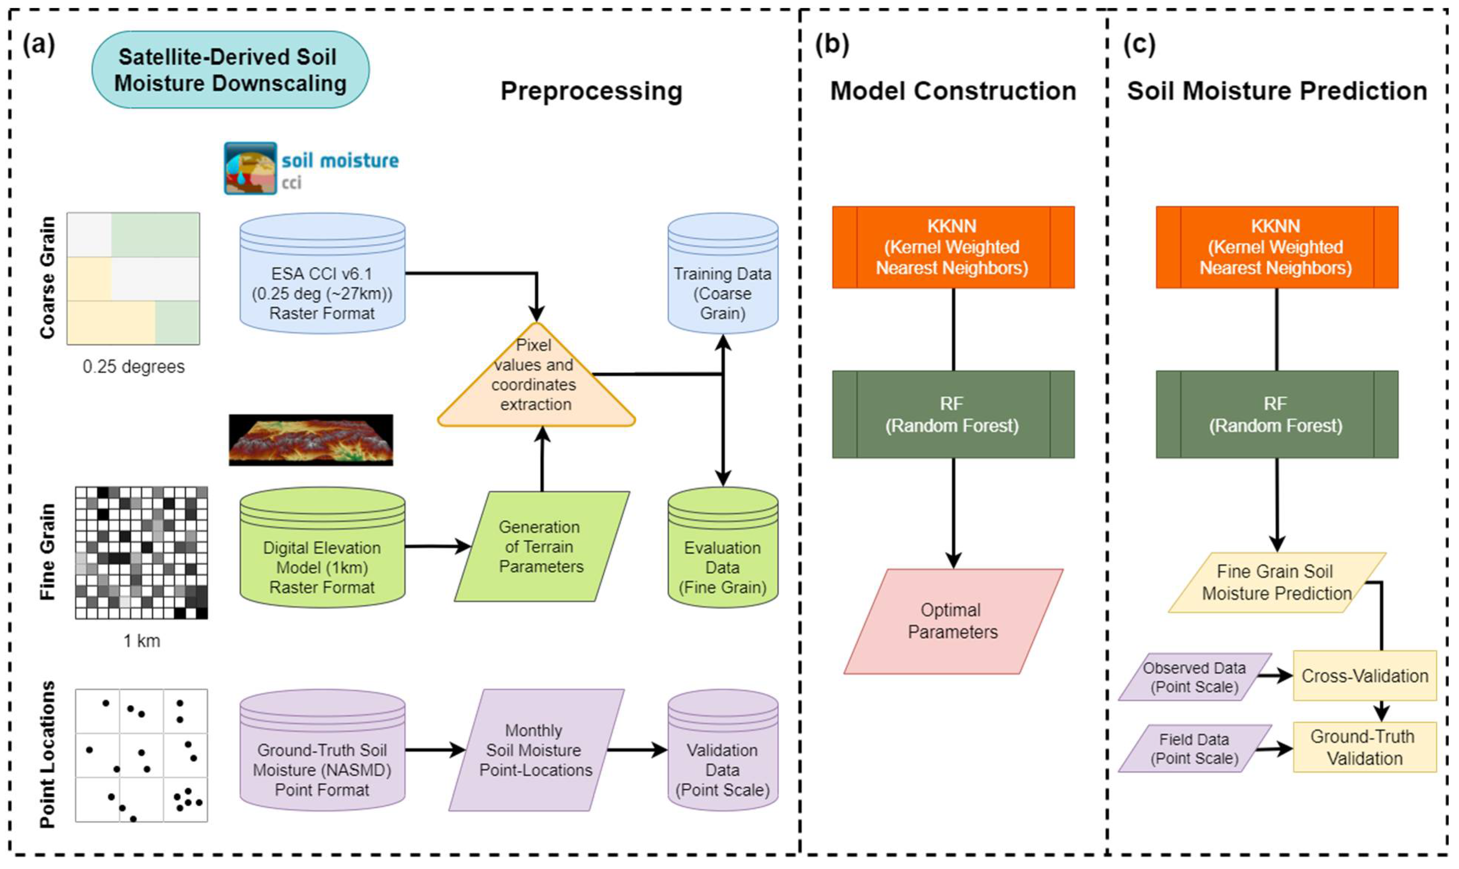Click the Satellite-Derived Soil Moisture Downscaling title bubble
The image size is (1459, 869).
(x=230, y=70)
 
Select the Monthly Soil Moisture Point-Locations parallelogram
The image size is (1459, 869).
(x=536, y=750)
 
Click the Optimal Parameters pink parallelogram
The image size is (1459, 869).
(x=953, y=621)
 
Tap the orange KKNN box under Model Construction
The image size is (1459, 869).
(x=953, y=247)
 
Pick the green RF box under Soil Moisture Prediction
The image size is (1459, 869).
(x=1277, y=414)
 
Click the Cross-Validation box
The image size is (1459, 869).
(x=1365, y=676)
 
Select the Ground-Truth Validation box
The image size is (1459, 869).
(x=1365, y=747)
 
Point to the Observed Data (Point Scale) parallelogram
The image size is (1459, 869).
(x=1195, y=677)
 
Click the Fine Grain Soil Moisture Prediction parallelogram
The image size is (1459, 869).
(x=1277, y=583)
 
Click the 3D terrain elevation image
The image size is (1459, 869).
(x=311, y=440)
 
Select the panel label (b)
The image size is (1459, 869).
(x=832, y=45)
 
